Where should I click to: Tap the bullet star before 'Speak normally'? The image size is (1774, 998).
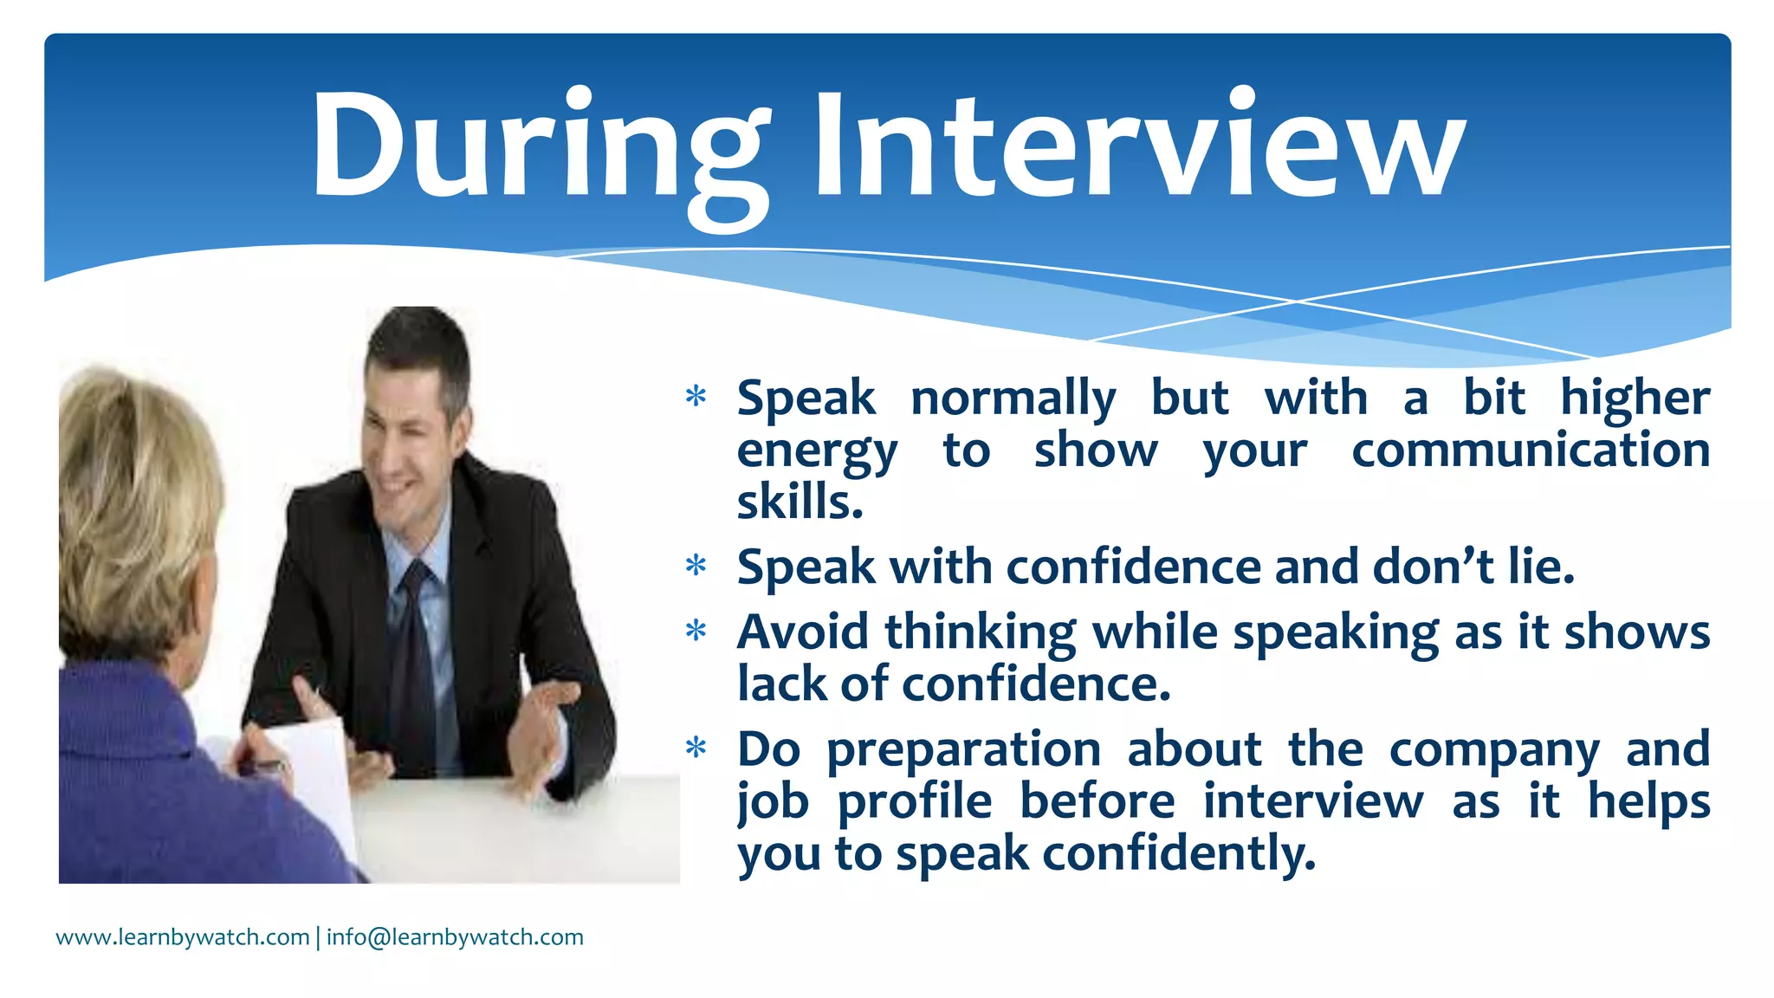(696, 398)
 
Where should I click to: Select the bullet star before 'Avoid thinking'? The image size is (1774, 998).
(696, 631)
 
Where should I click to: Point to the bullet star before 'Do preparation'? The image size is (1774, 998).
(696, 748)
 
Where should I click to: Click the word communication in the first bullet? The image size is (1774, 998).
(1531, 450)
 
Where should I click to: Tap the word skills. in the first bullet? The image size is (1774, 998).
(800, 502)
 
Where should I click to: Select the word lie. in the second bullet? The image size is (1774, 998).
(1541, 567)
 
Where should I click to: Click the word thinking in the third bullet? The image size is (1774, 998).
(980, 632)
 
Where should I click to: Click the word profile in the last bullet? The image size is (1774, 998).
(915, 801)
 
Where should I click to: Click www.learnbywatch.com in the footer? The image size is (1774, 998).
(183, 937)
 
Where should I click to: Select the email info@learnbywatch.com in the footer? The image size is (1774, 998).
(455, 937)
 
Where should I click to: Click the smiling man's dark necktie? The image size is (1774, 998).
(415, 658)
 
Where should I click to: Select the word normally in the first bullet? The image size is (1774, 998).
(1013, 399)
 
